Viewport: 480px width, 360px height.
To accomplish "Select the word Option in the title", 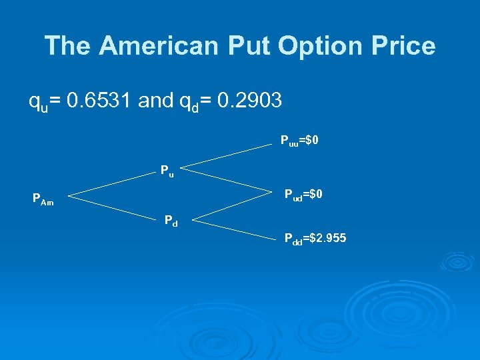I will (319, 46).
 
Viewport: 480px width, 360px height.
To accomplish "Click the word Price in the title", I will (403, 46).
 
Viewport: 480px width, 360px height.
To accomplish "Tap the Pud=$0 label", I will (304, 195).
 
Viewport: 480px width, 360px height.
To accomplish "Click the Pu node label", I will (167, 171).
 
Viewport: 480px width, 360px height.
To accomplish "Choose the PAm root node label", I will (43, 199).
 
